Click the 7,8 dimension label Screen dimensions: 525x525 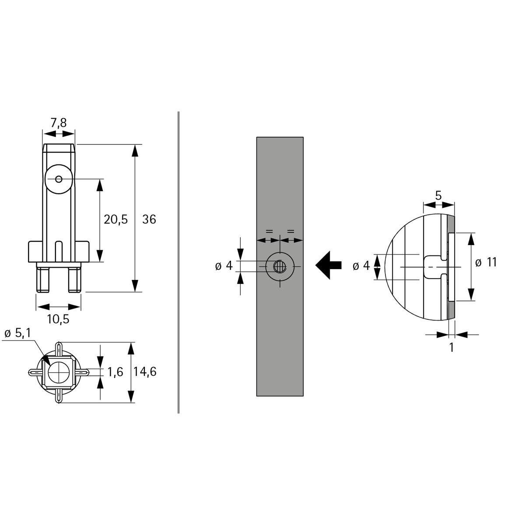pyautogui.click(x=59, y=123)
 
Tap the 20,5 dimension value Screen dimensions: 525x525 pyautogui.click(x=115, y=219)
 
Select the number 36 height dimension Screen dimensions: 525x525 pyautogui.click(x=149, y=219)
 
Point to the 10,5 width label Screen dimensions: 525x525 pyautogui.click(x=58, y=319)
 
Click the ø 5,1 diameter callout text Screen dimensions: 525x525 pyautogui.click(x=17, y=333)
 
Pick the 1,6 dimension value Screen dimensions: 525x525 pyautogui.click(x=115, y=372)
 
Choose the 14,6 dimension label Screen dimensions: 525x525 pyautogui.click(x=145, y=372)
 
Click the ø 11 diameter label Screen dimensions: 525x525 pyautogui.click(x=486, y=262)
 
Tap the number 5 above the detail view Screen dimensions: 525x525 pyautogui.click(x=439, y=195)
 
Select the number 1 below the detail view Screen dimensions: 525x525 pyautogui.click(x=451, y=348)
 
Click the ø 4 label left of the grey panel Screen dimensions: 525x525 pyautogui.click(x=224, y=266)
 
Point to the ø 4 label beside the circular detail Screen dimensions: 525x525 pyautogui.click(x=361, y=266)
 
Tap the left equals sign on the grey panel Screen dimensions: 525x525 pyautogui.click(x=269, y=231)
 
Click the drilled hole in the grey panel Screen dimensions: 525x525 pyautogui.click(x=280, y=266)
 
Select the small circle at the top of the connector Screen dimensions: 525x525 pyautogui.click(x=59, y=179)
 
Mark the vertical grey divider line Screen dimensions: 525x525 pyautogui.click(x=178, y=262)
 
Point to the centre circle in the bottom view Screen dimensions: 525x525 pyautogui.click(x=58, y=372)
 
